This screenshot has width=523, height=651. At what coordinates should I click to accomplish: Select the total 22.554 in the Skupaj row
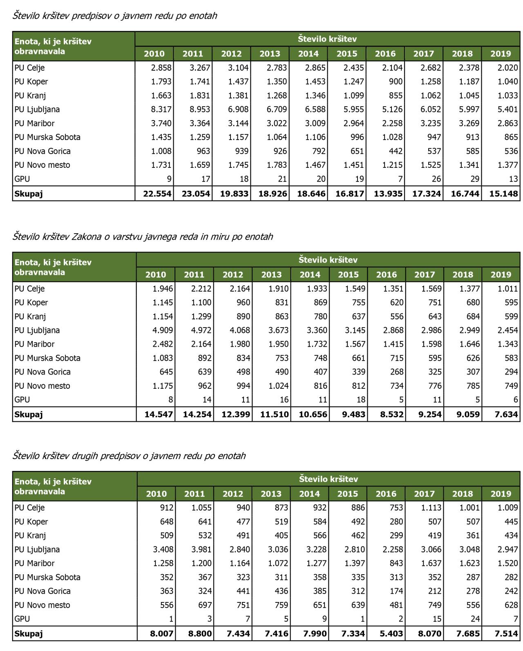157,194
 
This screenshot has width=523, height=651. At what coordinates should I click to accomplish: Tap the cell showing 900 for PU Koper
395,82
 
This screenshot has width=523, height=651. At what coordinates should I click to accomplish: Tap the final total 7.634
506,415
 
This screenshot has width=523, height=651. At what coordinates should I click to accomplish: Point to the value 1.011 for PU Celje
508,289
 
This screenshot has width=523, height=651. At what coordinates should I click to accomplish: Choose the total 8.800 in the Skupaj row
200,634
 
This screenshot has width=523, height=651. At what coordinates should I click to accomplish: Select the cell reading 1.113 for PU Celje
431,508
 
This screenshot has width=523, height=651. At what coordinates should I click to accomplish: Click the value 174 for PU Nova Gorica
396,591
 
